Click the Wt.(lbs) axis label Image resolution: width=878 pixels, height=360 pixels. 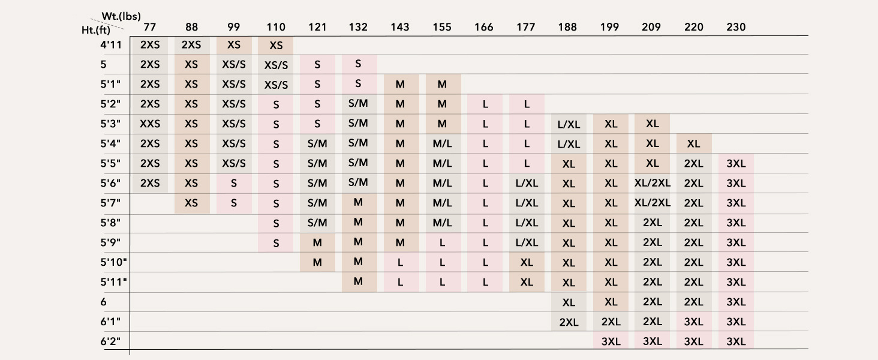(121, 16)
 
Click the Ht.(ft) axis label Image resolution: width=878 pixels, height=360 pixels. (96, 30)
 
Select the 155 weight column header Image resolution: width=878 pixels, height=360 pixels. (442, 27)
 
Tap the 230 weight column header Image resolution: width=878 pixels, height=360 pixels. (736, 27)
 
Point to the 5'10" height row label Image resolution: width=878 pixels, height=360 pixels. (114, 262)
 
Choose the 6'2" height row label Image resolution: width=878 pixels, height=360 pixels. (110, 341)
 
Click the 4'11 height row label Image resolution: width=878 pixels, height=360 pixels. (111, 45)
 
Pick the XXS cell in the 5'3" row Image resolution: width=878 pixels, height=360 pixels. (150, 124)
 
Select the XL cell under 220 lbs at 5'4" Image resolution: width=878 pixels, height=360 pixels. (693, 143)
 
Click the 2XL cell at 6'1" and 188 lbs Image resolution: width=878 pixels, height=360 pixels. (569, 322)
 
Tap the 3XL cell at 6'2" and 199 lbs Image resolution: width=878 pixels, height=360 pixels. (611, 341)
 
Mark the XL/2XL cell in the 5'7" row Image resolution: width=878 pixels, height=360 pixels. (653, 203)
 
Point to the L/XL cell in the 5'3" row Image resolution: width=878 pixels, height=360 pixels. (569, 124)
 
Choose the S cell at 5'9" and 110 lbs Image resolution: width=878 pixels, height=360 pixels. (276, 243)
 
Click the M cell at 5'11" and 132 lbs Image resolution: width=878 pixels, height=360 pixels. (358, 281)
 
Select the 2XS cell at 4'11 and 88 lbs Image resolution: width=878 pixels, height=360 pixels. (191, 45)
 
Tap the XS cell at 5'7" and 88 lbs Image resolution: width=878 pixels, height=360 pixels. (191, 203)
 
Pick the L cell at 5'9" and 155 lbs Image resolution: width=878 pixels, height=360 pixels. (442, 243)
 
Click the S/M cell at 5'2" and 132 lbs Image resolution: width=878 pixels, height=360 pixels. (358, 103)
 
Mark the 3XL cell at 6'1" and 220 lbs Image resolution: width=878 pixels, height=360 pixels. (693, 322)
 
